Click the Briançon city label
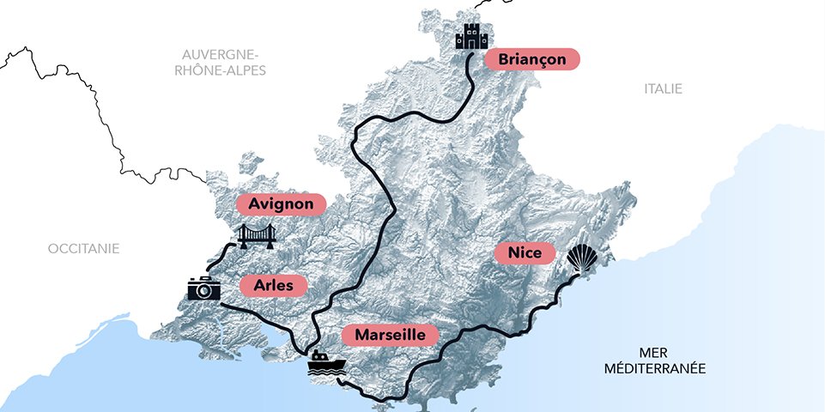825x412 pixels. [x=532, y=59]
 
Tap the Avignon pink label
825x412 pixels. [x=281, y=204]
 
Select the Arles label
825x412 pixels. [x=273, y=286]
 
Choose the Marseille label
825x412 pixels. [x=390, y=334]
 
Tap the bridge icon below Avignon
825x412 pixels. [x=257, y=236]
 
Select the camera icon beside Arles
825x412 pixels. [x=204, y=288]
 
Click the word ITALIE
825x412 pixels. [x=664, y=88]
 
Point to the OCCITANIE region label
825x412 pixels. [x=83, y=248]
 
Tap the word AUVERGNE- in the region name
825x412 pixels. [x=220, y=54]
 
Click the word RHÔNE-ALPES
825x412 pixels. [x=220, y=70]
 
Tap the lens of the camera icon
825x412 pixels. [x=204, y=291]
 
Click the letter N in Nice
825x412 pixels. [x=513, y=254]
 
